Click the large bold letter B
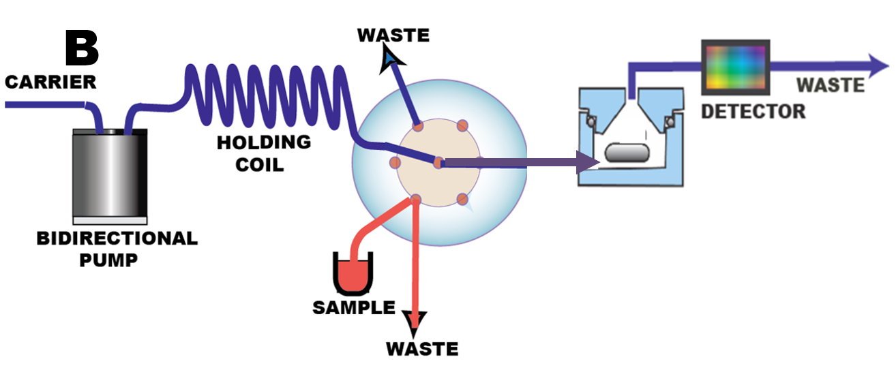(82, 48)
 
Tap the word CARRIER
(50, 82)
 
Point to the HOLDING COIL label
(263, 153)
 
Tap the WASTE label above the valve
(393, 35)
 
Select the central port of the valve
(438, 163)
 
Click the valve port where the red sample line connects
(415, 200)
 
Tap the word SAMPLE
(353, 307)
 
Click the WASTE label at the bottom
(421, 348)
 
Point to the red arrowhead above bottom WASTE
(415, 320)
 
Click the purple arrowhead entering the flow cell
(587, 163)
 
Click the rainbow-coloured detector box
(736, 66)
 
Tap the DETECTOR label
(753, 110)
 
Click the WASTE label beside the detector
(830, 86)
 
